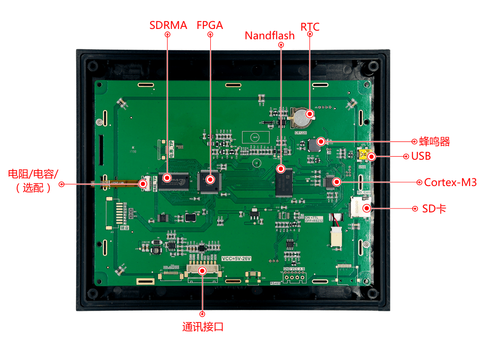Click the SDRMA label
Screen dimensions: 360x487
[x=168, y=25]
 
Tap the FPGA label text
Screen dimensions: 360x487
[x=210, y=25]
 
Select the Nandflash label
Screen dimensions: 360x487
[x=269, y=35]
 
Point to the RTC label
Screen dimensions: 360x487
[x=310, y=27]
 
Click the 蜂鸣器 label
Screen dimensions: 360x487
[x=435, y=141]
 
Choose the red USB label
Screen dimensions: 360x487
[x=421, y=156]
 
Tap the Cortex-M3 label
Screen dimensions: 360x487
[x=450, y=182]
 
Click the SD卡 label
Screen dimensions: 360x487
[x=434, y=209]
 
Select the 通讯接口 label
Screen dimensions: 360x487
[x=202, y=327]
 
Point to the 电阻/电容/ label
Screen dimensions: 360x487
[x=33, y=174]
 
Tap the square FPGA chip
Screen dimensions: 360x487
[x=210, y=180]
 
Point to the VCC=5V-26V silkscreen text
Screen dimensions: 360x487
[x=236, y=259]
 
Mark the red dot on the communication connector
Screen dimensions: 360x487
[x=202, y=270]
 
